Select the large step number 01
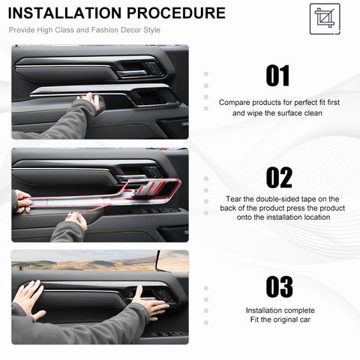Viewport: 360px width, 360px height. [277, 76]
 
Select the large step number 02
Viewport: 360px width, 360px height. [279, 178]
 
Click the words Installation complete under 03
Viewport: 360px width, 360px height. [280, 310]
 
